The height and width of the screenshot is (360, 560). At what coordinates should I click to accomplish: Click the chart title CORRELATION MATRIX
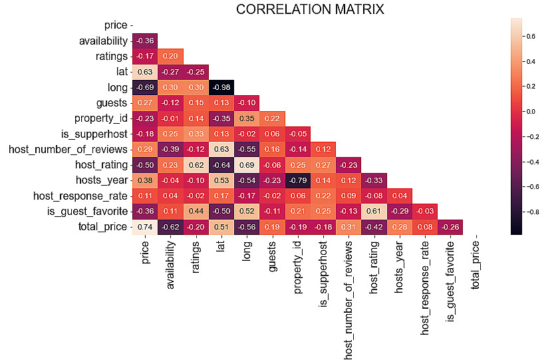pyautogui.click(x=310, y=9)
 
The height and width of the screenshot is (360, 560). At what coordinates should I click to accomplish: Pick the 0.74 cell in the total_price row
pyautogui.click(x=146, y=226)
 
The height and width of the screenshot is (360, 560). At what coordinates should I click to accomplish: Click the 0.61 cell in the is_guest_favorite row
pyautogui.click(x=374, y=211)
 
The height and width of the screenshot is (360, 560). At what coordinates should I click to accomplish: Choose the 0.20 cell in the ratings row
pyautogui.click(x=171, y=56)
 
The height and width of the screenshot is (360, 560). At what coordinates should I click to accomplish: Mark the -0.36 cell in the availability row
pyautogui.click(x=146, y=41)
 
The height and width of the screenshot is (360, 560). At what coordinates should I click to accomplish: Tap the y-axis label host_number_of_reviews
pyautogui.click(x=68, y=149)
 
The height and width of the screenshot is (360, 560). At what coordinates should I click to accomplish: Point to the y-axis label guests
pyautogui.click(x=112, y=102)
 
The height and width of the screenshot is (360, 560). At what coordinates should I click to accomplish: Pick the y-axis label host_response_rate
pyautogui.click(x=80, y=196)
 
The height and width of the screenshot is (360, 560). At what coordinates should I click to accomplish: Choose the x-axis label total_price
pyautogui.click(x=476, y=265)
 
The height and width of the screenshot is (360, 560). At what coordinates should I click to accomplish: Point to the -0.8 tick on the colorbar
pyautogui.click(x=531, y=211)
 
